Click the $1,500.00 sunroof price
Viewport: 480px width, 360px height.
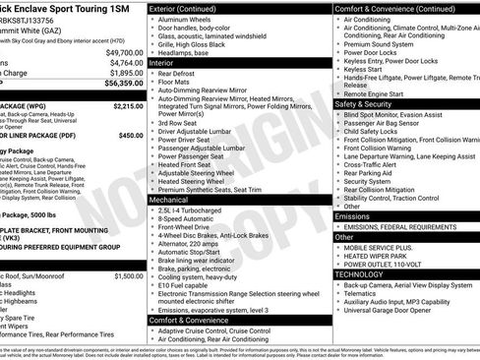coord(128,276)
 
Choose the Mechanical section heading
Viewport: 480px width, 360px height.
coord(173,199)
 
